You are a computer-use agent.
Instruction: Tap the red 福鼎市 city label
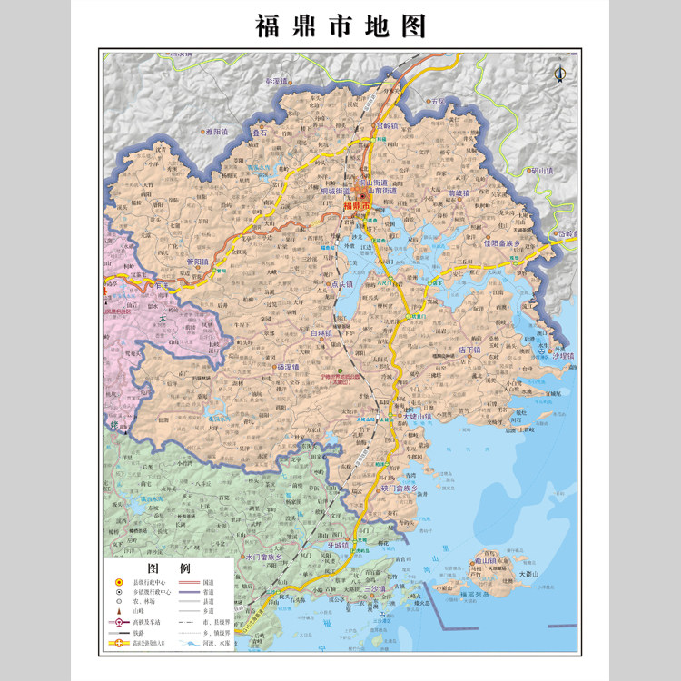point(357,206)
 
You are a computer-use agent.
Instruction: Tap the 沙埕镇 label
point(564,357)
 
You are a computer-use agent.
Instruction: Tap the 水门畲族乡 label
point(264,556)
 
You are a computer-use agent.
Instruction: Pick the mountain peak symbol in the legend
point(118,611)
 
